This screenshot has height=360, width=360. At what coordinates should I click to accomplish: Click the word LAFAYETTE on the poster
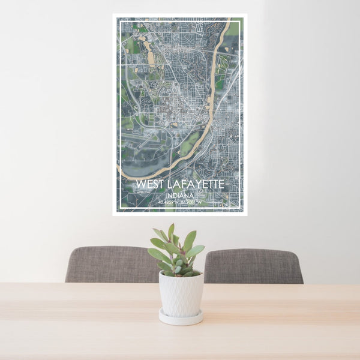195,184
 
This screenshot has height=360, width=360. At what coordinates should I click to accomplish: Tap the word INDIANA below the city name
181,195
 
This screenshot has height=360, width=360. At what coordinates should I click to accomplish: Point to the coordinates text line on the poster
180,202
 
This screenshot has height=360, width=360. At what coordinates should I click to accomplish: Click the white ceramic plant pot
181,294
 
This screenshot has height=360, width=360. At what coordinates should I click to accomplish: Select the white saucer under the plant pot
181,318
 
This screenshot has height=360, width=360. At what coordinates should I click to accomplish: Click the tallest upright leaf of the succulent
171,232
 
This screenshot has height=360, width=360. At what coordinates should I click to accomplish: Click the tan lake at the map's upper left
149,57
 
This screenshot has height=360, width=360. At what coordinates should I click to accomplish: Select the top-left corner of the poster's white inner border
119,19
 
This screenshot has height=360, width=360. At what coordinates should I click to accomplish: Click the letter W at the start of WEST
140,184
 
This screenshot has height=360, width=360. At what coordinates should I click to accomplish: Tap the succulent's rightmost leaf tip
204,247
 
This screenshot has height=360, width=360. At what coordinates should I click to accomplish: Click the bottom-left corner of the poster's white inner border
119,209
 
